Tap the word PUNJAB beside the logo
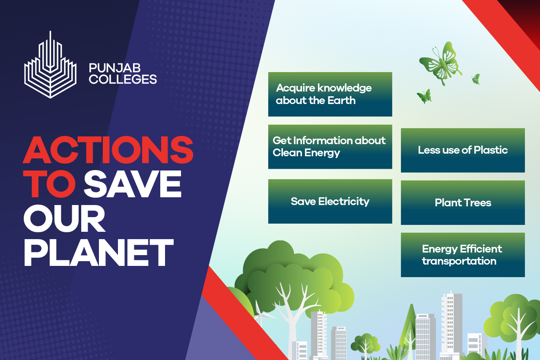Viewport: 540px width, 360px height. [115, 68]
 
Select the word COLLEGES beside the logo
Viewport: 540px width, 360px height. [123, 79]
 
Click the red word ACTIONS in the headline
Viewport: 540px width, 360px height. [108, 150]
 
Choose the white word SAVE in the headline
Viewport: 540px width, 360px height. [133, 184]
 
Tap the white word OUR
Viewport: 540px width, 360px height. [64, 218]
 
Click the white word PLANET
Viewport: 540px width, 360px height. [98, 253]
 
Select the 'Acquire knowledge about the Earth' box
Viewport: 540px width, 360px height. [330, 94]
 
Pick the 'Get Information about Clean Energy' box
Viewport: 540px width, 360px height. [330, 147]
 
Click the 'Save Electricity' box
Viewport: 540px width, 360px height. [330, 201]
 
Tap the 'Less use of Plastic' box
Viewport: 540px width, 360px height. [463, 150]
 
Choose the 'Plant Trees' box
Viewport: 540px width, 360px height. [463, 202]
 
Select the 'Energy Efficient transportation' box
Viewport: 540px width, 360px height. [463, 255]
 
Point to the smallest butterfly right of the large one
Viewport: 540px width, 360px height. [476, 79]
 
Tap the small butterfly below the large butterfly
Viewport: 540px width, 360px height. [424, 96]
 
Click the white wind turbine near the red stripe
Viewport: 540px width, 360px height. [261, 313]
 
